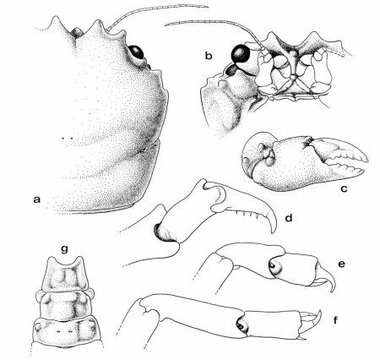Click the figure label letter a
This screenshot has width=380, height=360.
[x=35, y=199]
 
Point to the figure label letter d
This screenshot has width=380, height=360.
[x=289, y=219]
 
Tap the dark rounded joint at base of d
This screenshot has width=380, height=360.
[x=162, y=232]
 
